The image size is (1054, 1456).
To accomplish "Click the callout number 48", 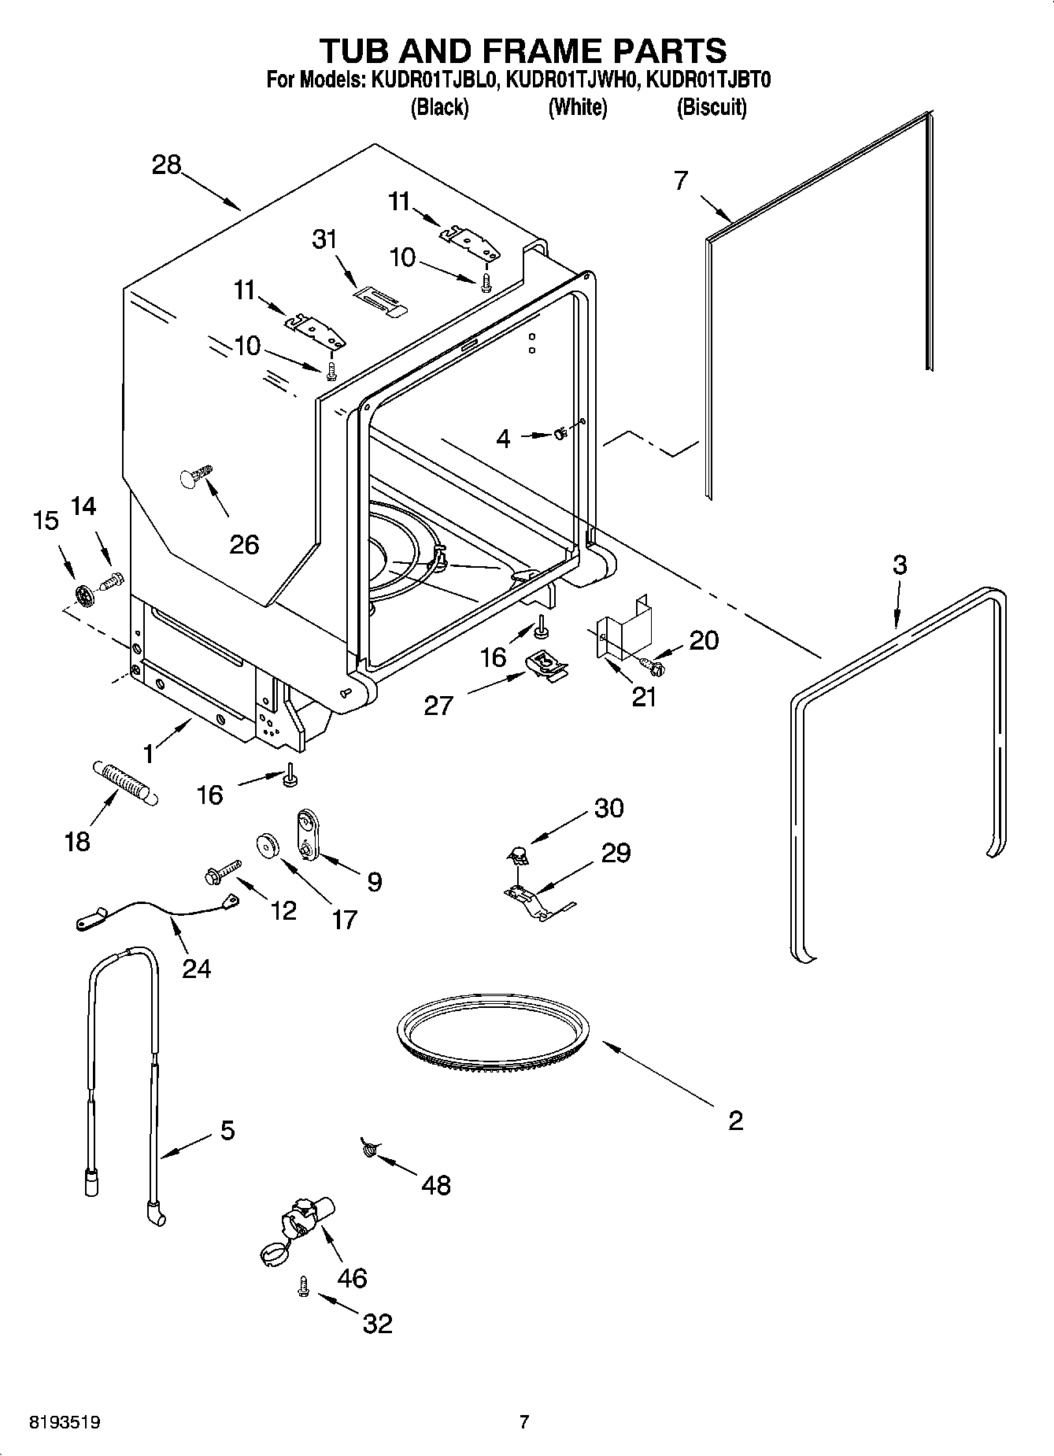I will pyautogui.click(x=436, y=1184).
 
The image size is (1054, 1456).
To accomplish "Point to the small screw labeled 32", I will pyautogui.click(x=301, y=1286).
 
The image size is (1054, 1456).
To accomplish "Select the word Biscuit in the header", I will pyautogui.click(x=711, y=107).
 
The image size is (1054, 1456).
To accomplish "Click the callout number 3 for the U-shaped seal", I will pyautogui.click(x=899, y=565).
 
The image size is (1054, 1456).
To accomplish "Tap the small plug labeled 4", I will pyautogui.click(x=560, y=434).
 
